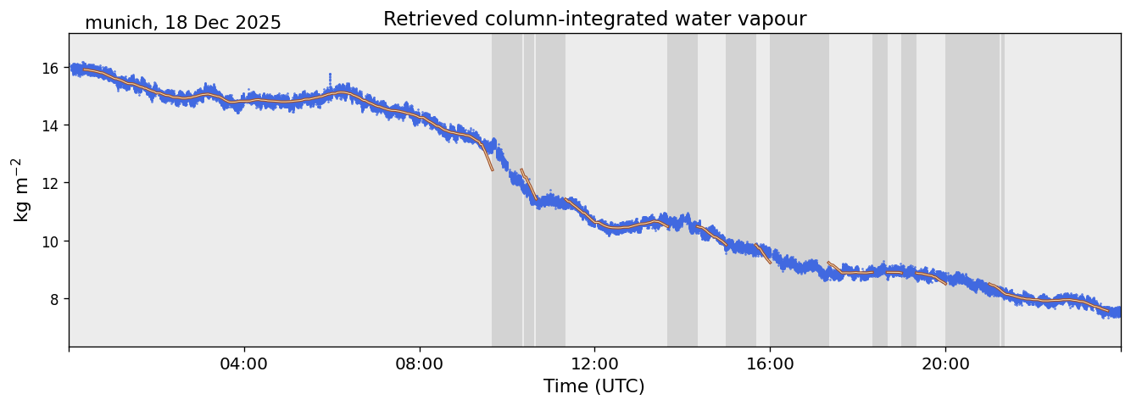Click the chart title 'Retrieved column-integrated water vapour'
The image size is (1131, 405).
tap(594, 19)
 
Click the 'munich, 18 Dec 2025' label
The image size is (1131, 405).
tap(182, 23)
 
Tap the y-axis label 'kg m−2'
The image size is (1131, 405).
tap(20, 190)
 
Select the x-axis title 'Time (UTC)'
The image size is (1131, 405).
tap(593, 386)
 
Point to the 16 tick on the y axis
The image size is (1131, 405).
tap(50, 68)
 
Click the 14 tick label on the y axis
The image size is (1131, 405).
tap(50, 125)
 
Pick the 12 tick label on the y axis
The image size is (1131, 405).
tap(50, 183)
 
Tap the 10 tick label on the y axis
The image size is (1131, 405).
tap(50, 241)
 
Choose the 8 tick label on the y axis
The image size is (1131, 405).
tap(54, 299)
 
